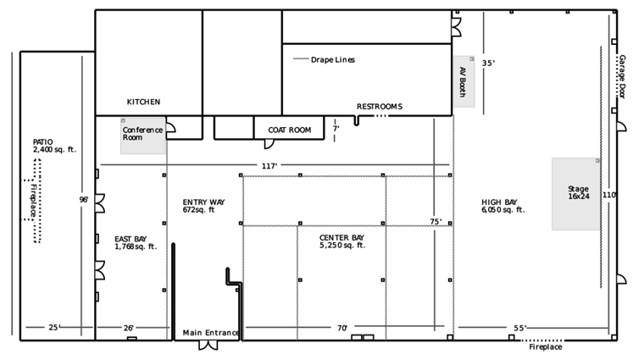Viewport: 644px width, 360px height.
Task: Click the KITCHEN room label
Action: (143, 102)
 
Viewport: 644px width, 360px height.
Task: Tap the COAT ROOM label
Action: (290, 130)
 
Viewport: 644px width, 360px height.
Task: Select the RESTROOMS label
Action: (379, 107)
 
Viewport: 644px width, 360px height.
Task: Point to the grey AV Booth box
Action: (464, 81)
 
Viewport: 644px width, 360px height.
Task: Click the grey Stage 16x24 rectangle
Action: (575, 194)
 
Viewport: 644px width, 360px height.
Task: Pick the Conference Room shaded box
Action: (143, 136)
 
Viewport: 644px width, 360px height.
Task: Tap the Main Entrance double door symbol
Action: (208, 346)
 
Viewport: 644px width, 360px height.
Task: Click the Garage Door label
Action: (622, 77)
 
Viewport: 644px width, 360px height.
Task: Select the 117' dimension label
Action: (269, 166)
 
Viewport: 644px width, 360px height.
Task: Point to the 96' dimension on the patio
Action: (84, 200)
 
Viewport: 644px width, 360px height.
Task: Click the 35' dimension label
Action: (488, 64)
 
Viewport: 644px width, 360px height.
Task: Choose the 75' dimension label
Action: (436, 222)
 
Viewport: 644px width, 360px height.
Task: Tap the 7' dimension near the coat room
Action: (336, 129)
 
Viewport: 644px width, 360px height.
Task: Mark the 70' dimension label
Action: (342, 328)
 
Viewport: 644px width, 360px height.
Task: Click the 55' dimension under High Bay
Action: (520, 328)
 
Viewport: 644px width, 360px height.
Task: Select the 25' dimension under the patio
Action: (54, 328)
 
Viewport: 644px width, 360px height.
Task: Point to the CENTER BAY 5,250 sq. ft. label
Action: (342, 241)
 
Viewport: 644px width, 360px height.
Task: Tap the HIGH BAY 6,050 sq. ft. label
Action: (503, 206)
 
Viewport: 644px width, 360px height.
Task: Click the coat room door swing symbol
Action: (269, 144)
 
